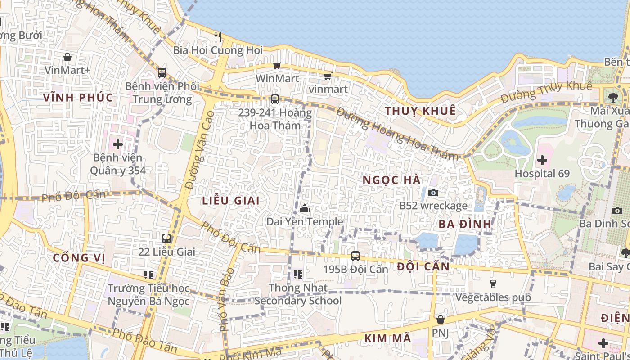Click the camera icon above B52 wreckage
click(433, 193)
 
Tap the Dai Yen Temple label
click(305, 222)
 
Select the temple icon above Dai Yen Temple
click(305, 209)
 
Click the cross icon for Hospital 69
click(542, 160)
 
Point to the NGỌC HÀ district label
click(391, 180)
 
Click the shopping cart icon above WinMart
click(277, 66)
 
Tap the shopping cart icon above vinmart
click(328, 76)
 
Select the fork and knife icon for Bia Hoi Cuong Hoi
click(218, 36)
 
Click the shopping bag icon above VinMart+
click(67, 57)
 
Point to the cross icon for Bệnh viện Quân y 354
click(118, 144)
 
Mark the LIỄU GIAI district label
click(231, 201)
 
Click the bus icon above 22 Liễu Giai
click(166, 238)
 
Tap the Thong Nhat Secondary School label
click(298, 294)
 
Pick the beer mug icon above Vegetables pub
click(493, 284)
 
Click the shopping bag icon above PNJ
click(441, 319)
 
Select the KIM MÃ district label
click(387, 338)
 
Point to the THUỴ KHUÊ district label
click(420, 111)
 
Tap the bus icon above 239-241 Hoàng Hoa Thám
click(274, 99)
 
